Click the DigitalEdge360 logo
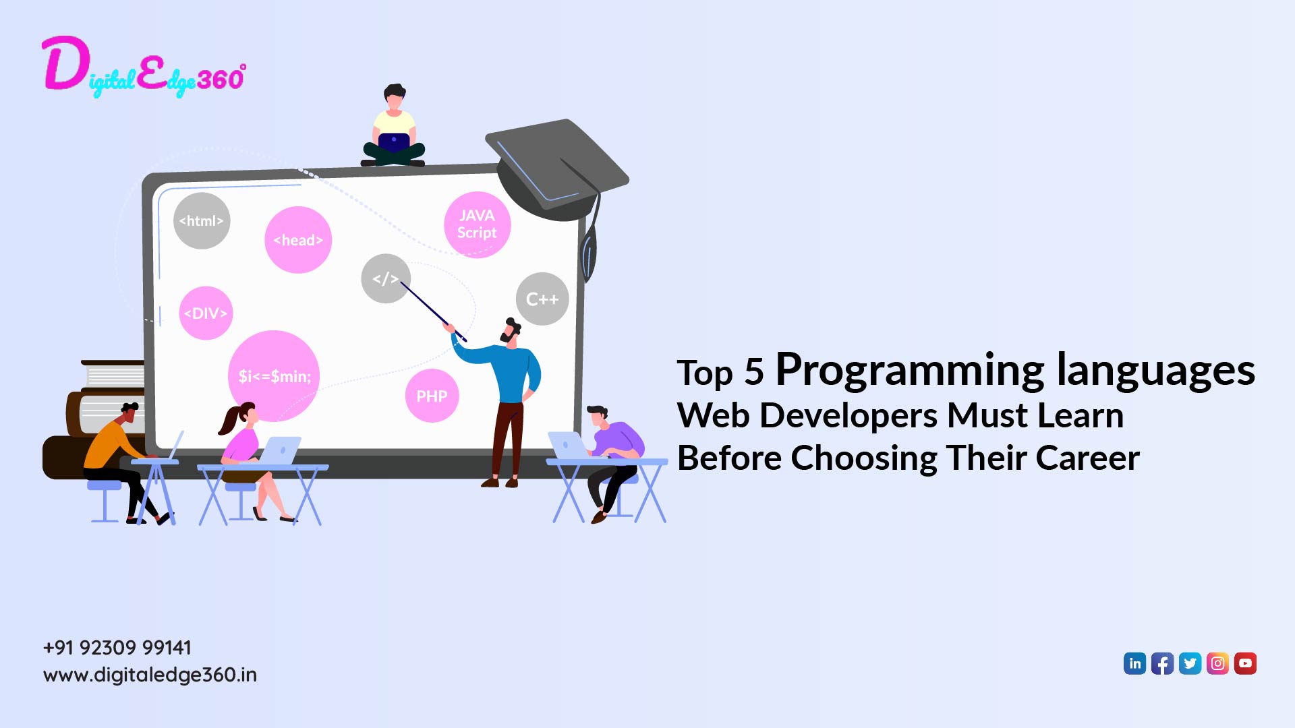[143, 67]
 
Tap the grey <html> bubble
[202, 221]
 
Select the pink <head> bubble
[298, 240]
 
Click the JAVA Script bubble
[477, 224]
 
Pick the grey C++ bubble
[542, 299]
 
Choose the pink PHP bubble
[432, 396]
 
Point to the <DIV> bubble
[206, 313]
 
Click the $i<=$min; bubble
[274, 376]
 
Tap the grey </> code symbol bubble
[385, 278]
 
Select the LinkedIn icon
[1135, 663]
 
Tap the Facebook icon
[1163, 663]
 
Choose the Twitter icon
[1190, 663]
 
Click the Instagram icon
[1218, 663]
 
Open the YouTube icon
[1246, 663]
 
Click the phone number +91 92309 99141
[117, 648]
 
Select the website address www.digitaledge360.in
[150, 675]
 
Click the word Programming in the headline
[911, 370]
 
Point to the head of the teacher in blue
[511, 331]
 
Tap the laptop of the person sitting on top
[394, 142]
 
